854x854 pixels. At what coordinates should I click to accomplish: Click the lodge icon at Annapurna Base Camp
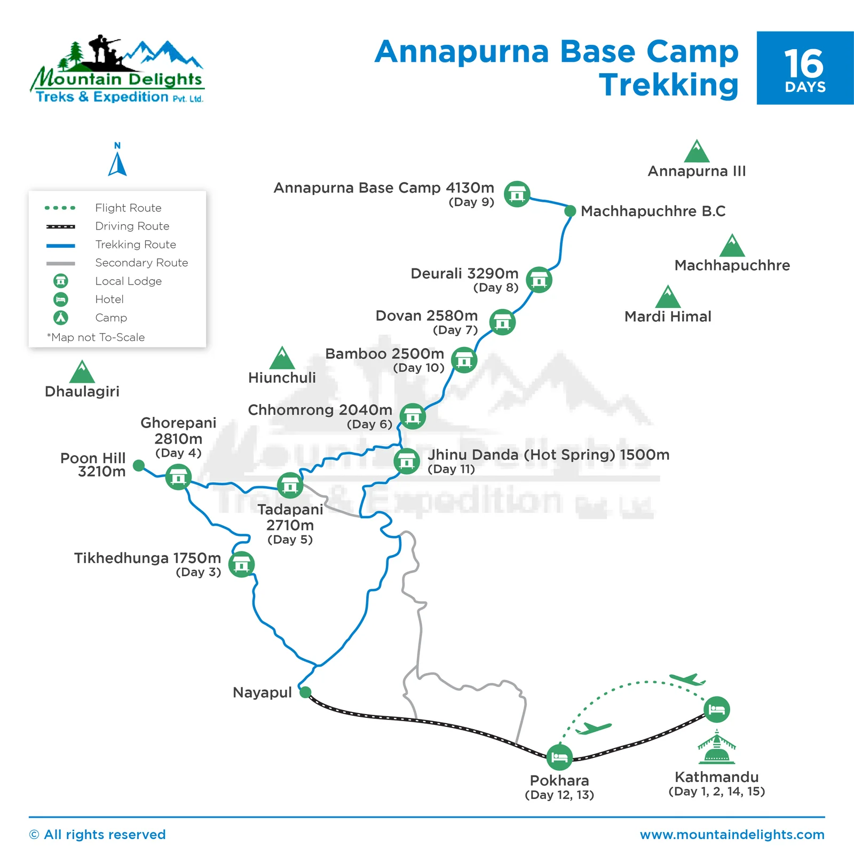tap(517, 194)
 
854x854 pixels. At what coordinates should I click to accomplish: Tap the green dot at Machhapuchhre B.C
tap(570, 211)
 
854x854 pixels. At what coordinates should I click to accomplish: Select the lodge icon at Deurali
tap(539, 280)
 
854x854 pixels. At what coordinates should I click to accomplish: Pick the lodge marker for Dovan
tap(502, 322)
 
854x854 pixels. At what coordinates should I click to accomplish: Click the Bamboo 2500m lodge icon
tap(464, 360)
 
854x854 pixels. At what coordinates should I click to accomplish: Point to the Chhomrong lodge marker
tap(413, 416)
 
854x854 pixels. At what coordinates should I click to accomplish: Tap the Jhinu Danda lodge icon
tap(407, 461)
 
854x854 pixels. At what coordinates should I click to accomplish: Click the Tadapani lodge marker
tap(290, 486)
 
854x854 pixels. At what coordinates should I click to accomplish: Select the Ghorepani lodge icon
tap(178, 477)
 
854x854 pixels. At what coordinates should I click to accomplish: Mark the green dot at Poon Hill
tap(139, 465)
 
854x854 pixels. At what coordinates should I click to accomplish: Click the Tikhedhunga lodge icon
tap(241, 564)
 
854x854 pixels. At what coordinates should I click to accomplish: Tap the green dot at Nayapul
tap(305, 692)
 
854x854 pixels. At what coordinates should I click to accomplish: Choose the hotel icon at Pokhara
tap(559, 757)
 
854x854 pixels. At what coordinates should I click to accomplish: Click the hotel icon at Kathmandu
tap(716, 709)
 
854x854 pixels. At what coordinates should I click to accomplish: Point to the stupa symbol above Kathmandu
tap(716, 747)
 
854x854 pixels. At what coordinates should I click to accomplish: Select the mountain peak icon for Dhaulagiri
tap(82, 372)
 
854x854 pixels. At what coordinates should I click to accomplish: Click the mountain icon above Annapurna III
tap(697, 152)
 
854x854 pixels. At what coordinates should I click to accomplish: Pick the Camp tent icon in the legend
tap(61, 318)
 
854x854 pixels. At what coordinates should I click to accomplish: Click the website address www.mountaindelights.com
tap(732, 834)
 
